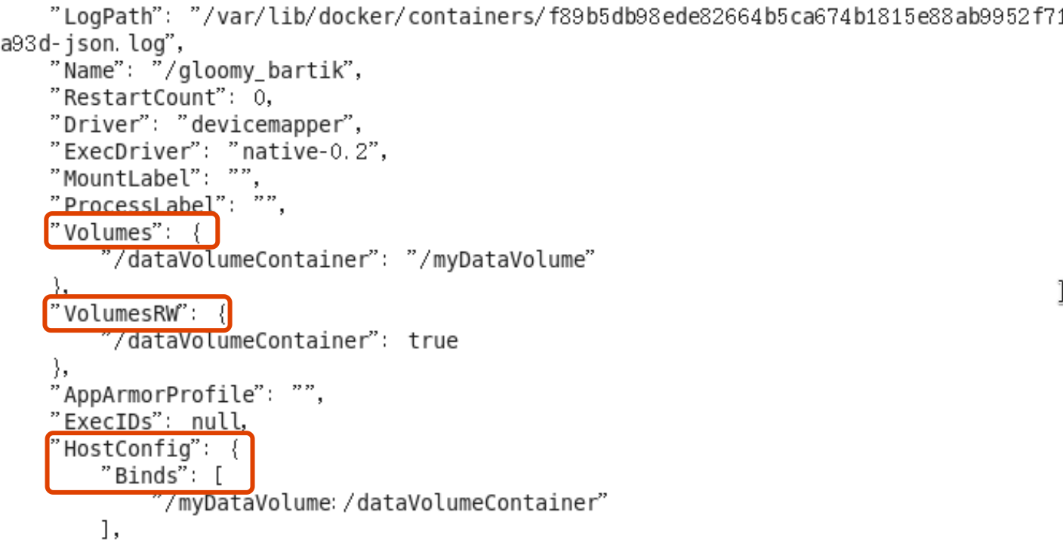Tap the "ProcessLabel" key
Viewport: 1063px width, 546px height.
coord(140,205)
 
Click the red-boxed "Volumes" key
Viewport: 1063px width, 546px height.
coord(108,232)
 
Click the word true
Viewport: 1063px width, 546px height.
coord(433,341)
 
